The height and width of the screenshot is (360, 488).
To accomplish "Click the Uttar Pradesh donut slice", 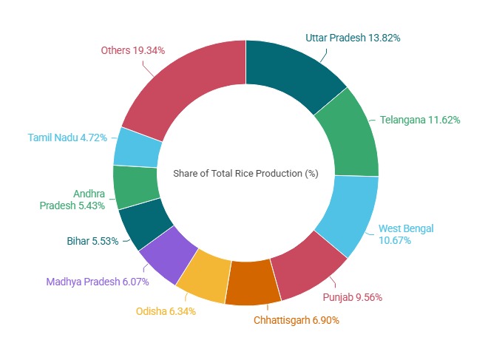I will [291, 74].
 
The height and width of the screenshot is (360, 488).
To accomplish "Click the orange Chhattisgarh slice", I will [252, 283].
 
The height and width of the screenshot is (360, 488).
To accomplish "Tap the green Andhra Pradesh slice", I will [136, 186].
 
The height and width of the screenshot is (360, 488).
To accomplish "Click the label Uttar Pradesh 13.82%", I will [353, 37].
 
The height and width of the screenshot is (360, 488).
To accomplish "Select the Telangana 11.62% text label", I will [420, 119].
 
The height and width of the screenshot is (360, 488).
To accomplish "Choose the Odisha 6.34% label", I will [166, 311].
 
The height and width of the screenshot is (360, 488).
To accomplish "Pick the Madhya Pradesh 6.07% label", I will [98, 282].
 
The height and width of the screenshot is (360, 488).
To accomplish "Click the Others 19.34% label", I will [132, 50].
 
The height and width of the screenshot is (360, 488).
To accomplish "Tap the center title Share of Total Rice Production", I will [245, 174].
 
